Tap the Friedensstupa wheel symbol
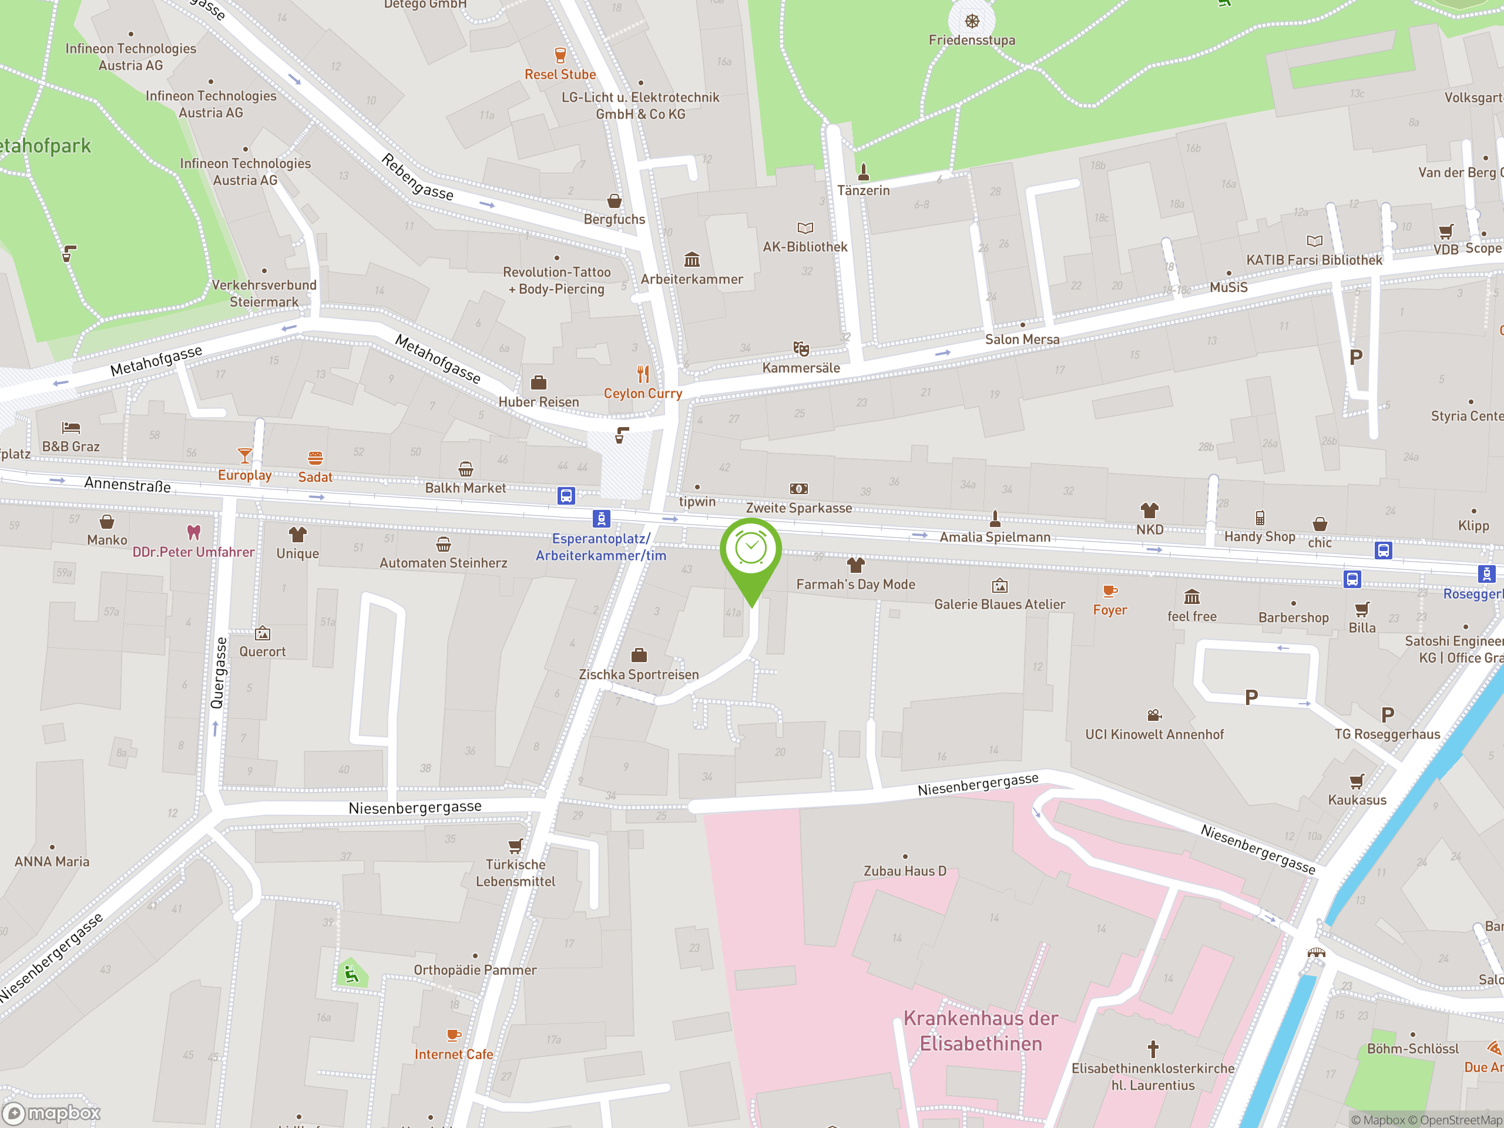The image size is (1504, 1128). coord(972,21)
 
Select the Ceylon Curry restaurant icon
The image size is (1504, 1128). coord(643,374)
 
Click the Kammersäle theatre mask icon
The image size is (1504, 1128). coord(801,349)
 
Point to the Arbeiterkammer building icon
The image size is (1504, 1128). coord(691,260)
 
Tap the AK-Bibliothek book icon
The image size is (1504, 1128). coord(805,228)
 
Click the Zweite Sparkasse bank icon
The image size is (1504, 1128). coord(799,489)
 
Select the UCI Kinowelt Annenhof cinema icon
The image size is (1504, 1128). coord(1154,716)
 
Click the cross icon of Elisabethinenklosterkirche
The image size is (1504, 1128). coord(1153,1049)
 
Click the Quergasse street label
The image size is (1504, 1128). coord(219,673)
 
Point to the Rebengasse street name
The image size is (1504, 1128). coord(417,177)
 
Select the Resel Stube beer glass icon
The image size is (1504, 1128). coord(560,55)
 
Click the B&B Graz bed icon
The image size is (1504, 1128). coord(70,428)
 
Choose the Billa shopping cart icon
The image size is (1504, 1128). coord(1362,609)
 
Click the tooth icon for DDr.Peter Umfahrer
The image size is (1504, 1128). coord(194,532)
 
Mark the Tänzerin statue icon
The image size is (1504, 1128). coord(864,172)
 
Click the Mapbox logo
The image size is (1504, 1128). coord(52,1113)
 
